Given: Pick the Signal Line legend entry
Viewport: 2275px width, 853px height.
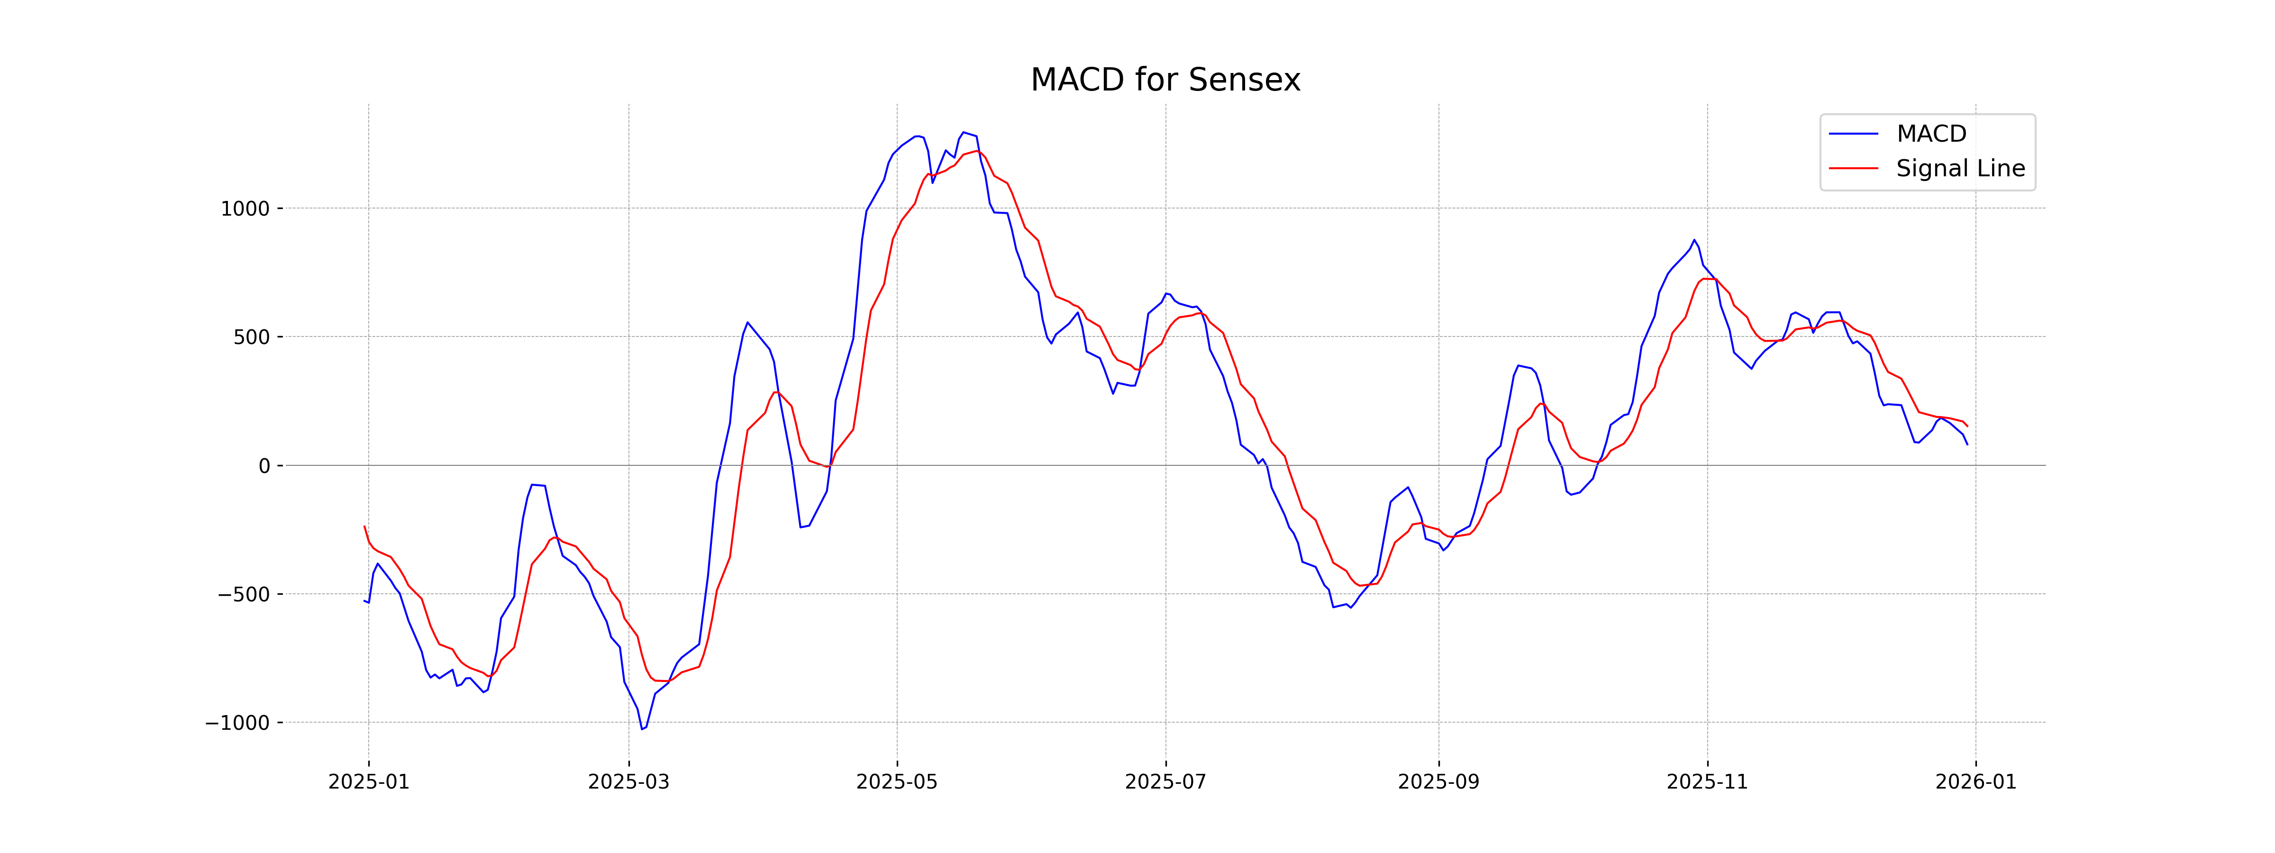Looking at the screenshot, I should point(1960,169).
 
